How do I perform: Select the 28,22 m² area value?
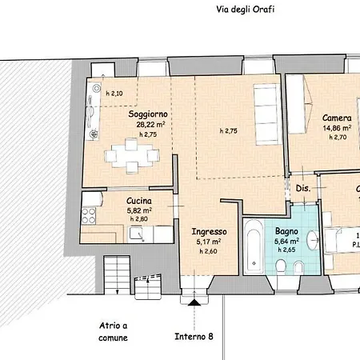point(150,125)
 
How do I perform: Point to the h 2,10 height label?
point(114,94)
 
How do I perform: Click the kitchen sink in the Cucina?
point(138,234)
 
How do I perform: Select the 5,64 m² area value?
point(286,239)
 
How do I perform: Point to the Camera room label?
point(337,117)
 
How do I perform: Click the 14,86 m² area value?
point(337,127)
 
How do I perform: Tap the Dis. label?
point(302,189)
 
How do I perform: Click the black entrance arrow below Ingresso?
point(193,302)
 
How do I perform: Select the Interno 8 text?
point(194,336)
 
